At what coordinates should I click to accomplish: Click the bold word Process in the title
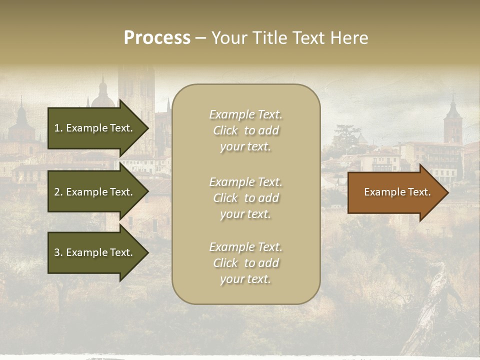(157, 38)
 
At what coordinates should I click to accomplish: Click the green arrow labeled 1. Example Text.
(93, 128)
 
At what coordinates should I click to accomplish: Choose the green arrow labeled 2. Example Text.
(93, 192)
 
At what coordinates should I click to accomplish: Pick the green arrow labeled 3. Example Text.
(93, 252)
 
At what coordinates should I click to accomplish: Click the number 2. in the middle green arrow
(58, 192)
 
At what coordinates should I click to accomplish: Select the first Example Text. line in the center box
(245, 114)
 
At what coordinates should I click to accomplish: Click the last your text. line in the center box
(245, 279)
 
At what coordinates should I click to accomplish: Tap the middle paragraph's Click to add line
(245, 198)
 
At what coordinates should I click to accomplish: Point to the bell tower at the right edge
(453, 122)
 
